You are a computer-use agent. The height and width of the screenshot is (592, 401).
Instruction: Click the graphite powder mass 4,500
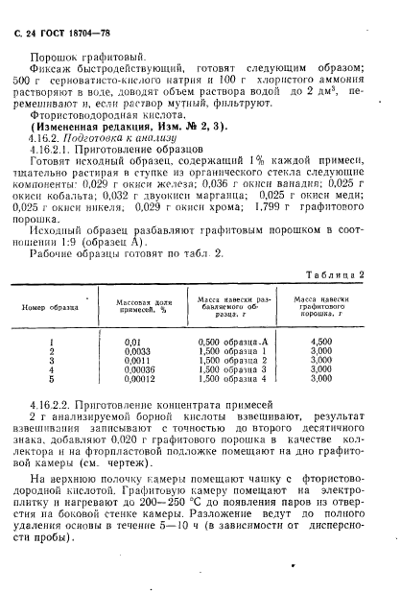coord(322,341)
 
